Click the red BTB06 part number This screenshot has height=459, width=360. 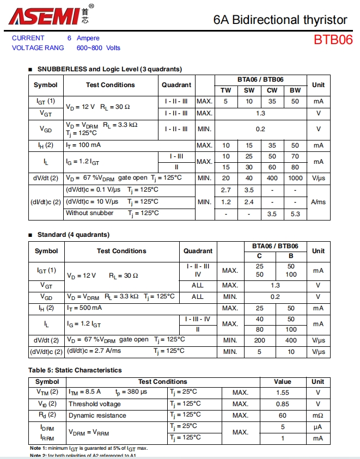[333, 40]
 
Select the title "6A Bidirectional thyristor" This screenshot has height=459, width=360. [280, 20]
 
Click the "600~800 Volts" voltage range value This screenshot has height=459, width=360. [99, 48]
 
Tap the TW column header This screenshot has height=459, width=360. [226, 90]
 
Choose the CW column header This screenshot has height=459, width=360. [272, 90]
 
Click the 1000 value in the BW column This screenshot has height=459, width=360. [295, 178]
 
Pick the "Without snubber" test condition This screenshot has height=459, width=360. [90, 213]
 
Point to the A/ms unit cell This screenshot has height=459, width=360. [318, 201]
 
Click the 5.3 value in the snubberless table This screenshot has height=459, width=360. [295, 214]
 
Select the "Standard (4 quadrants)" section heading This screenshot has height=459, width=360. [73, 235]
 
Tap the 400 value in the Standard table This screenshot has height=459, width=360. [291, 340]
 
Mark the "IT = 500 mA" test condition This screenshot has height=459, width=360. [86, 308]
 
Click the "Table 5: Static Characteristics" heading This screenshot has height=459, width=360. [75, 370]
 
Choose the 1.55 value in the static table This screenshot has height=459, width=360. [282, 393]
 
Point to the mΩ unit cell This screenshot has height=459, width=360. [318, 415]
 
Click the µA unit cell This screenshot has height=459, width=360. [318, 427]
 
